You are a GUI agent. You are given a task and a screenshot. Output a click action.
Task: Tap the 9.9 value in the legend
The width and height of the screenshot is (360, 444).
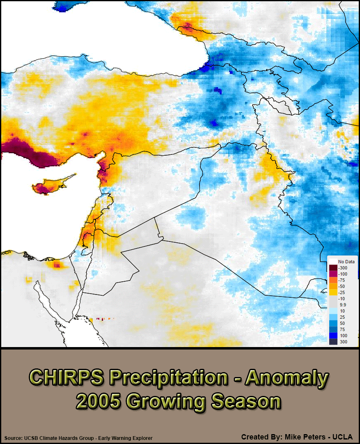pyautogui.click(x=342, y=305)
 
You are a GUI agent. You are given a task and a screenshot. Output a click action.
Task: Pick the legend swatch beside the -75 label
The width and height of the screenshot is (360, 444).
pyautogui.click(x=332, y=280)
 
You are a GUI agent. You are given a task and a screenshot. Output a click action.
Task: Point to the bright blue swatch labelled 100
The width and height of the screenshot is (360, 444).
pyautogui.click(x=332, y=336)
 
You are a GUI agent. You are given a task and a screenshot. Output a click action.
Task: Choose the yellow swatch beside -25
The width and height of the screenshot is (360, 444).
pyautogui.click(x=332, y=292)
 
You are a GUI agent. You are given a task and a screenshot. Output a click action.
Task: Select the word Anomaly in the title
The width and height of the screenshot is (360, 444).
pyautogui.click(x=287, y=377)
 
